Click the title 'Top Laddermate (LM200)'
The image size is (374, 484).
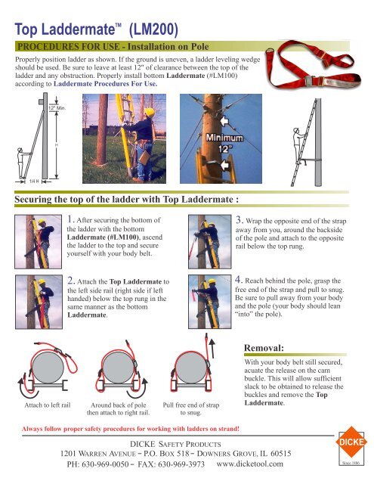coord(95,29)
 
